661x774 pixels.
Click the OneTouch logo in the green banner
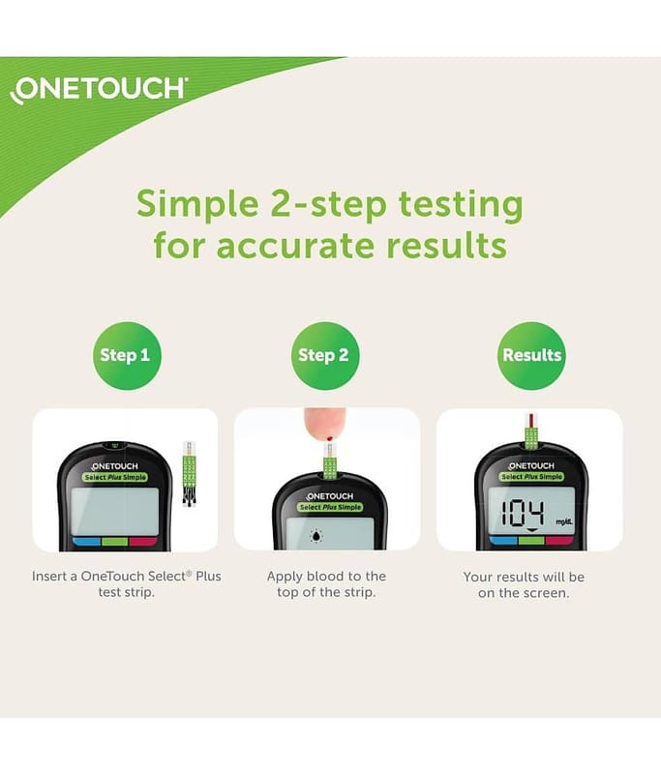[99, 90]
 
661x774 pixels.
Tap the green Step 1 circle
[128, 355]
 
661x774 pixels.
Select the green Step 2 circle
[325, 355]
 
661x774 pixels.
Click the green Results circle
[531, 355]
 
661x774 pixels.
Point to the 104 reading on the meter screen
[523, 513]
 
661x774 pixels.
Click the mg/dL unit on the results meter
[564, 521]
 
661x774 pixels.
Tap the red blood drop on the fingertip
[330, 438]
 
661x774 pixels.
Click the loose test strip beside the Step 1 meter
[190, 474]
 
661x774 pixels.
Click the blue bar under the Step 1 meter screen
[87, 542]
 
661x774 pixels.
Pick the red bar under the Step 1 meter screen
[143, 542]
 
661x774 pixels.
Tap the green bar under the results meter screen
[531, 541]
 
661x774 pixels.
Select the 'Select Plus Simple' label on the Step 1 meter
[114, 477]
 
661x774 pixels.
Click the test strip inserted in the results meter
[530, 432]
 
